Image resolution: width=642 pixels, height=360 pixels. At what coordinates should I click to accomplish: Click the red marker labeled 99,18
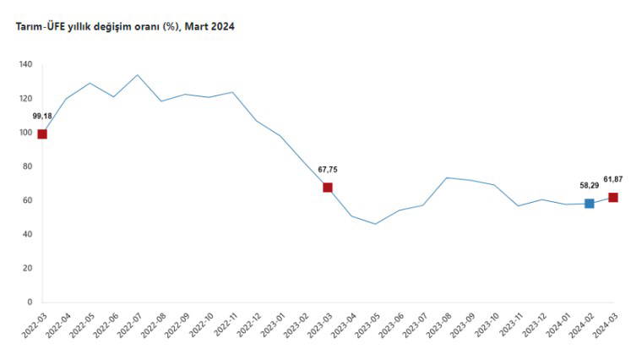point(42,134)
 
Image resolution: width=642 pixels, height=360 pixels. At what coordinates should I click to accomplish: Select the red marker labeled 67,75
point(328,188)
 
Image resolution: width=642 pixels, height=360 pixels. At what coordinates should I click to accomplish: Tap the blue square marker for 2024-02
point(589,204)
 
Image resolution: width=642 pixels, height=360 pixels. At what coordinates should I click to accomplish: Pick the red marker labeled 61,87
point(613,198)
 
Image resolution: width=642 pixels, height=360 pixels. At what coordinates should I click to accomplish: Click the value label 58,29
point(589,185)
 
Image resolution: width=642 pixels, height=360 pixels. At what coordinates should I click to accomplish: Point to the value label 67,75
point(328,170)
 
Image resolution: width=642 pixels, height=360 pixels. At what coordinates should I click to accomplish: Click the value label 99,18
point(42,116)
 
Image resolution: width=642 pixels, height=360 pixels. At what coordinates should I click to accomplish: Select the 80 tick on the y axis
point(27,166)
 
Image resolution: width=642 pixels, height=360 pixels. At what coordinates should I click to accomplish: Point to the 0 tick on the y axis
point(30,302)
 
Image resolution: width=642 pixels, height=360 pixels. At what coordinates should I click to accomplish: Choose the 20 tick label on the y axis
point(27,268)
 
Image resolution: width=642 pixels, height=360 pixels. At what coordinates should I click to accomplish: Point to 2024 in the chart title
point(222,27)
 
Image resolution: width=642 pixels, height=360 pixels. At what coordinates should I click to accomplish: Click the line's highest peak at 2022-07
point(138,75)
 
